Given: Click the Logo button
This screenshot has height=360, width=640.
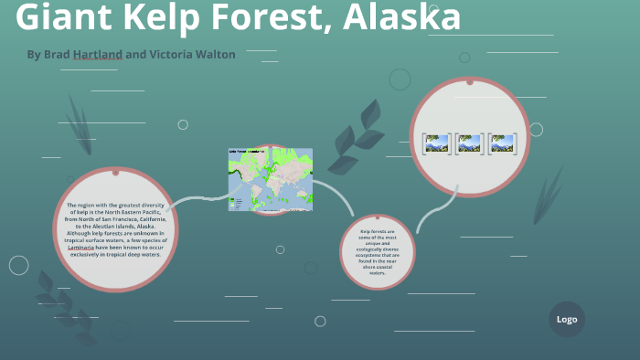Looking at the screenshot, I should click(x=567, y=319).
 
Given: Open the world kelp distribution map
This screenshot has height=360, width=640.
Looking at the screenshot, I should click(x=271, y=178).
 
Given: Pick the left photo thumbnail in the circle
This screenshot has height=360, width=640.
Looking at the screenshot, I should click(x=436, y=143).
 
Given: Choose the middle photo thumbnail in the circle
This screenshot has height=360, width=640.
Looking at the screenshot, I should click(x=469, y=143).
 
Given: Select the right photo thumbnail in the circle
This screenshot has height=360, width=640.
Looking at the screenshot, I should click(x=502, y=143).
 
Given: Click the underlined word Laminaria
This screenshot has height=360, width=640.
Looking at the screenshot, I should click(x=85, y=248).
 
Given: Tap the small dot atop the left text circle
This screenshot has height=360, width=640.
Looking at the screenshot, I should click(x=115, y=171).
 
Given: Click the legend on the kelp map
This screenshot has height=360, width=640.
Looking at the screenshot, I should click(x=238, y=202).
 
